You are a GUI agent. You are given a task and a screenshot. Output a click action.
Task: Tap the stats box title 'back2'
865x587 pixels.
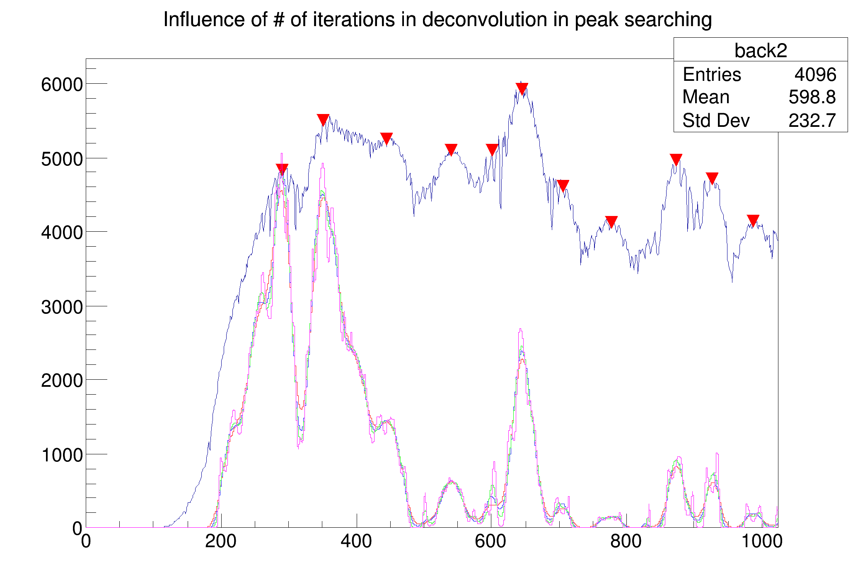tap(761, 51)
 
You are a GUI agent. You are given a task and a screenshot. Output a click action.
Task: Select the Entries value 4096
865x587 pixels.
tap(815, 75)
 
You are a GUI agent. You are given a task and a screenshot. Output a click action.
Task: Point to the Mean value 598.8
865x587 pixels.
tap(812, 97)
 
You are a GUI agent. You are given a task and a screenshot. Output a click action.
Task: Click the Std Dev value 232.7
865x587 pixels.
tap(812, 121)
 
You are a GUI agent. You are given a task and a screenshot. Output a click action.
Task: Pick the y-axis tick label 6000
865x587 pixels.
tap(62, 85)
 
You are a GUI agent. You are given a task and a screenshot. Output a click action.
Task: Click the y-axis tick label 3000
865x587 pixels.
tap(62, 307)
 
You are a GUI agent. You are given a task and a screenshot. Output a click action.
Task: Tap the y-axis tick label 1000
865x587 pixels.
tap(62, 455)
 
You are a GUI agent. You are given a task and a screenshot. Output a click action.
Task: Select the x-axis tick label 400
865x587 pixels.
tap(356, 541)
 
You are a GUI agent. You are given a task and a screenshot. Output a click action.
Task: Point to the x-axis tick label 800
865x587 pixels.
tap(626, 541)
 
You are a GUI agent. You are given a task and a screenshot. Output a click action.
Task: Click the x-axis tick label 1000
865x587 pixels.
tap(761, 541)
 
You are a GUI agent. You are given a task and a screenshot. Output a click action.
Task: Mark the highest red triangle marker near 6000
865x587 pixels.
tap(522, 88)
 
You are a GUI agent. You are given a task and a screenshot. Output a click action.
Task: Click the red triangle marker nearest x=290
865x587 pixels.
tap(282, 169)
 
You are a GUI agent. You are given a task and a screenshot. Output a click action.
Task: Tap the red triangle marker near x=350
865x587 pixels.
tap(323, 119)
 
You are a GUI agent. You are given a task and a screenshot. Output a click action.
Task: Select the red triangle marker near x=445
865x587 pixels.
tap(387, 138)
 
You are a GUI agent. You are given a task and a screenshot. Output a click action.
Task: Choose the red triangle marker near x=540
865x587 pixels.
tap(451, 149)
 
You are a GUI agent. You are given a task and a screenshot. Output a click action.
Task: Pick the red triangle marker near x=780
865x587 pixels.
tap(611, 221)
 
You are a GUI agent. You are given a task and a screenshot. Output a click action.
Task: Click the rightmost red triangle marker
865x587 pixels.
tap(753, 220)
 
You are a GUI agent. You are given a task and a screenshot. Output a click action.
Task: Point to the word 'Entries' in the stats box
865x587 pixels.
tap(712, 75)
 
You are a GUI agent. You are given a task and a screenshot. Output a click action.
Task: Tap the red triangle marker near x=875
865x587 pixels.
tap(676, 159)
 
